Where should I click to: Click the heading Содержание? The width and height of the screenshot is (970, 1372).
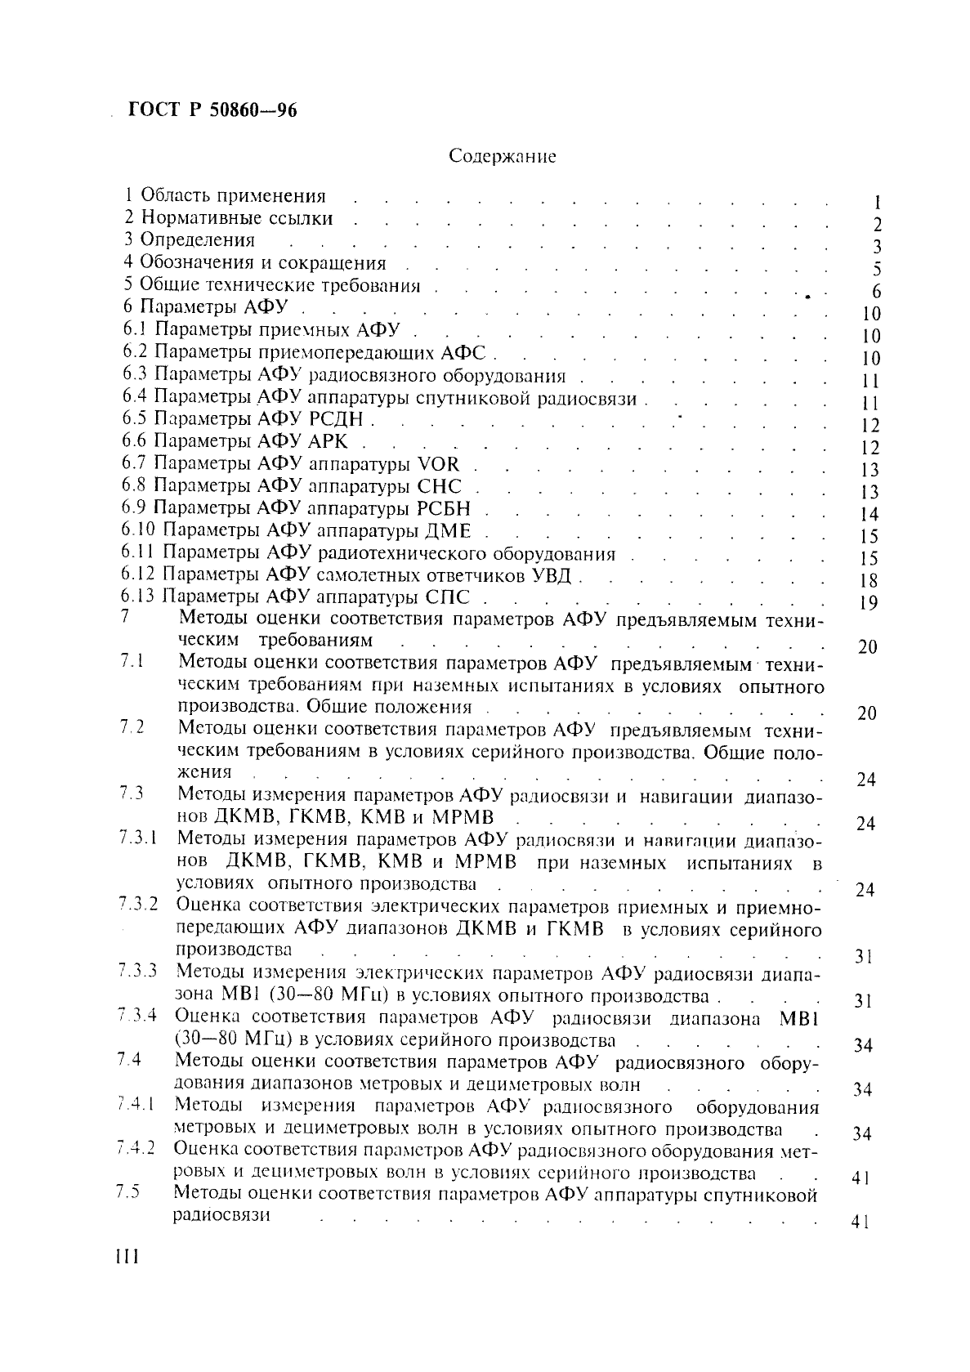[503, 156]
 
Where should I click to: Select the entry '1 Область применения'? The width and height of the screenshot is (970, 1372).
[226, 196]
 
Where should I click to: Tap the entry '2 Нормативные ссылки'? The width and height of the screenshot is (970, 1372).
[229, 218]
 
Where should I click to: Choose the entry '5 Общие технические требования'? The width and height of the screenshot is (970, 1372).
[272, 286]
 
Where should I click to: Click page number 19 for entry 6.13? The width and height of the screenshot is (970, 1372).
[869, 603]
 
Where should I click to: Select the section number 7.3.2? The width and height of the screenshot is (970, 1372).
[136, 905]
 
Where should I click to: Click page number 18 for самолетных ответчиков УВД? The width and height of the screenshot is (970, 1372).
[869, 581]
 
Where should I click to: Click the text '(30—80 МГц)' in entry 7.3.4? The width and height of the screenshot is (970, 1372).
[222, 1040]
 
